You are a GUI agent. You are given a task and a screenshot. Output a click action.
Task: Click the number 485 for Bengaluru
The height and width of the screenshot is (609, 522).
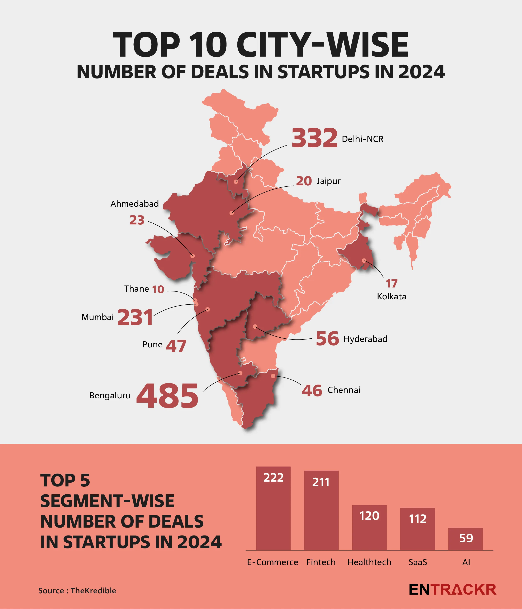(x=167, y=396)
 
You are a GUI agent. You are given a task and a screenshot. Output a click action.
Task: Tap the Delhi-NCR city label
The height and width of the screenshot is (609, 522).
(x=362, y=139)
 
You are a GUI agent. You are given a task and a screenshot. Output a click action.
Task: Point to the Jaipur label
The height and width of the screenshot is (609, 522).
(x=328, y=181)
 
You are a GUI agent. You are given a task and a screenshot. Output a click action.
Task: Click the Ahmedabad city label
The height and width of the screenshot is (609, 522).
(x=135, y=204)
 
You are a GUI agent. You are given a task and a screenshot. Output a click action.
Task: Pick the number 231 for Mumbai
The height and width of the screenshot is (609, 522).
(x=135, y=317)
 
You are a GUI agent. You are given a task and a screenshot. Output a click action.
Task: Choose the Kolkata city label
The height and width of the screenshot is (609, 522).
(x=391, y=296)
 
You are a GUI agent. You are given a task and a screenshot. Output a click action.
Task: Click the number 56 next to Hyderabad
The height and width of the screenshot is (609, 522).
(x=327, y=339)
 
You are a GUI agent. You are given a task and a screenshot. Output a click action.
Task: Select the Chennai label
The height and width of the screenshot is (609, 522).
(x=344, y=390)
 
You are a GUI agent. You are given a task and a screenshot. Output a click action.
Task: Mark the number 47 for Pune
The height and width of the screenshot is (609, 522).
(x=176, y=346)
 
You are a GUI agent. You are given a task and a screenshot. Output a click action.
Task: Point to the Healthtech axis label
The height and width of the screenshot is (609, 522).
(x=369, y=562)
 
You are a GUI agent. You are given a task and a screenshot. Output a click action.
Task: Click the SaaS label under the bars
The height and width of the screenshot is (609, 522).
(x=418, y=562)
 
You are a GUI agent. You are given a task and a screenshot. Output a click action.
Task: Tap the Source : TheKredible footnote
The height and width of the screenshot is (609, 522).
(x=77, y=590)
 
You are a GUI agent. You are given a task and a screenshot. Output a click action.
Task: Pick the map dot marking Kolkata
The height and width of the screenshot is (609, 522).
(x=364, y=260)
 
